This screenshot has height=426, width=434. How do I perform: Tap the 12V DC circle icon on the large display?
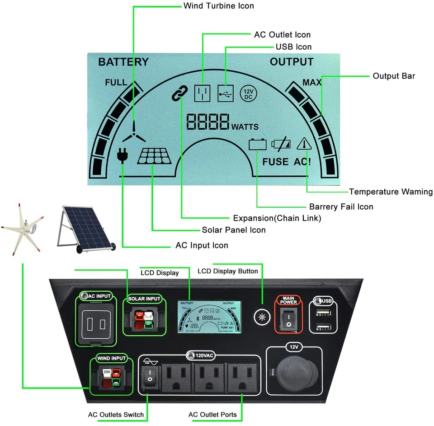tap(248, 93)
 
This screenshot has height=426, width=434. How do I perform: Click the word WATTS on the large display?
tap(245, 127)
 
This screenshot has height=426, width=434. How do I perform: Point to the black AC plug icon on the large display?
tap(122, 155)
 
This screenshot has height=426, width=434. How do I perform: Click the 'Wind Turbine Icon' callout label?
tap(218, 6)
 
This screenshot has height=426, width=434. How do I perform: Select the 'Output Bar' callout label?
tap(394, 76)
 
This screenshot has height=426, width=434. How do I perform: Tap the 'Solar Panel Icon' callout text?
tap(234, 230)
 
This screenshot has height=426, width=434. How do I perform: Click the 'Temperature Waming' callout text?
tap(391, 192)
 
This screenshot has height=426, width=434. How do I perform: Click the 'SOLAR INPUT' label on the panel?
tap(144, 299)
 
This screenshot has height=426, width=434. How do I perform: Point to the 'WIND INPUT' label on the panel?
tap(112, 358)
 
